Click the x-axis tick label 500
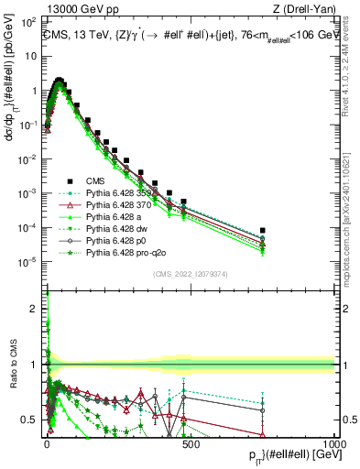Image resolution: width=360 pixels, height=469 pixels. [190, 443]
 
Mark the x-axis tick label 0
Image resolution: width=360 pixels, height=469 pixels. [47, 443]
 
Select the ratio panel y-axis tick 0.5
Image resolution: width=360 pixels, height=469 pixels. [31, 420]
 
